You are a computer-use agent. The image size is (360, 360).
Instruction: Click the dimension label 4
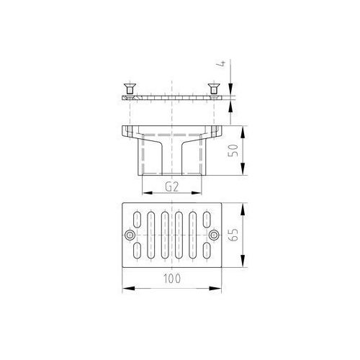pyautogui.click(x=223, y=63)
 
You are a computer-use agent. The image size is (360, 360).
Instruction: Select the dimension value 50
pyautogui.click(x=233, y=150)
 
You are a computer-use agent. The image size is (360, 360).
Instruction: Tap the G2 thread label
pyautogui.click(x=172, y=187)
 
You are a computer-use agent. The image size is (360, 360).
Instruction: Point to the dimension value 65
pyautogui.click(x=233, y=235)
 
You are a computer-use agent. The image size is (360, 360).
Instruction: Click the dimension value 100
pyautogui.click(x=172, y=279)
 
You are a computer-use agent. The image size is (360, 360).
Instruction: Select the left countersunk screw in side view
pyautogui.click(x=130, y=89)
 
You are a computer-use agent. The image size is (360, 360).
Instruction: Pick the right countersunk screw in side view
pyautogui.click(x=213, y=89)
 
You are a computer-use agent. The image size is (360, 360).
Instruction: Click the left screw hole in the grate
pyautogui.click(x=130, y=235)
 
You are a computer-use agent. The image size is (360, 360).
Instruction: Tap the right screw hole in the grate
pyautogui.click(x=214, y=235)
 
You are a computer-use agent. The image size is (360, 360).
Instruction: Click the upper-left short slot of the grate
pyautogui.click(x=137, y=220)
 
